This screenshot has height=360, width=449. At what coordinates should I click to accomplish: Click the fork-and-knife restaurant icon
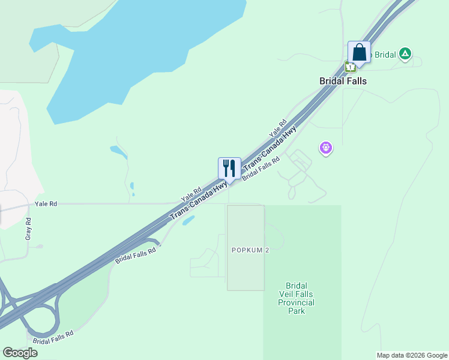pos(229,168)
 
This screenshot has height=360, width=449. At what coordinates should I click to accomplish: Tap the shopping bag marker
pos(359,52)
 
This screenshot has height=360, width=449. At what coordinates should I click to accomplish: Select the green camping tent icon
pos(406,55)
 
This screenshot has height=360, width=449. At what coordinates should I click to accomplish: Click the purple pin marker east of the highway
pos(326,146)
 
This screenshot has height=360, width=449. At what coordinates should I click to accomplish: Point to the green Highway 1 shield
pos(350,67)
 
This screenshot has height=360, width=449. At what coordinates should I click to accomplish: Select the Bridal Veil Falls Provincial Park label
pos(297,298)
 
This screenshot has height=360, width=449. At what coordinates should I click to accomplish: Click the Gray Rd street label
pos(28,229)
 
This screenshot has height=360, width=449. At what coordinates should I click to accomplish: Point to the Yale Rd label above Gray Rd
pos(46,204)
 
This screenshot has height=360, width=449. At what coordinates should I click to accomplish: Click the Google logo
pos(20,353)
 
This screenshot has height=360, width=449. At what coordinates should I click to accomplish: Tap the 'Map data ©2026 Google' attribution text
pos(411,355)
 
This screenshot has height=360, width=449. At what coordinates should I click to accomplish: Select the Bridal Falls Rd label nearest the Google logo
pos(53,337)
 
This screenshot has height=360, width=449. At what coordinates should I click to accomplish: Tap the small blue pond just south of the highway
pos(188,220)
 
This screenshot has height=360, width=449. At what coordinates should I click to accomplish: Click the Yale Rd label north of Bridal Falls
pos(279,127)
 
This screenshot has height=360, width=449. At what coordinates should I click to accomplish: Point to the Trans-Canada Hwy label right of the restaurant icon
pos(270,147)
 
